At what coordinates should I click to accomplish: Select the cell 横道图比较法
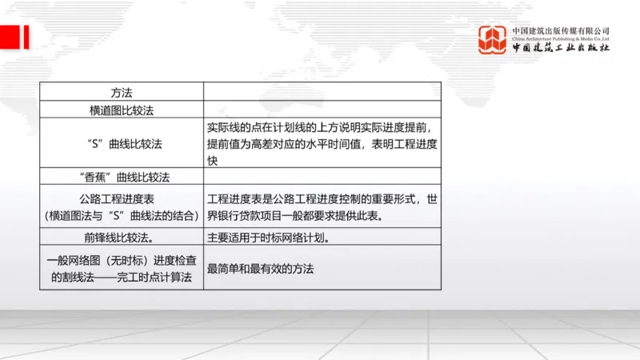click(121, 109)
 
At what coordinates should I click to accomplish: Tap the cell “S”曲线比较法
click(121, 144)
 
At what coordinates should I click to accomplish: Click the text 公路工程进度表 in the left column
click(121, 198)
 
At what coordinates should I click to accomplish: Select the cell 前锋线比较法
click(121, 237)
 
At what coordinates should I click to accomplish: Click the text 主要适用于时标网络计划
click(268, 237)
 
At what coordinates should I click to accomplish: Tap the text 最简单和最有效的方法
click(260, 269)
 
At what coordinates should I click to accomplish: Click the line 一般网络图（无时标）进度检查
click(121, 260)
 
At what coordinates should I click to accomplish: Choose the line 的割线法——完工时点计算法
click(121, 278)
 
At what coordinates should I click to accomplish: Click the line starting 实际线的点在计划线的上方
click(322, 128)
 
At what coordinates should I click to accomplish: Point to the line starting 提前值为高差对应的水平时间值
click(322, 145)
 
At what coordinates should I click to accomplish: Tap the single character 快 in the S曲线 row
click(213, 161)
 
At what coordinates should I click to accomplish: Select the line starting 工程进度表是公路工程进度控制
click(322, 198)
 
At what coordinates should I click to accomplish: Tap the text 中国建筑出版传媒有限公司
click(560, 30)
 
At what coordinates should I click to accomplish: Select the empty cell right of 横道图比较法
click(322, 109)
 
